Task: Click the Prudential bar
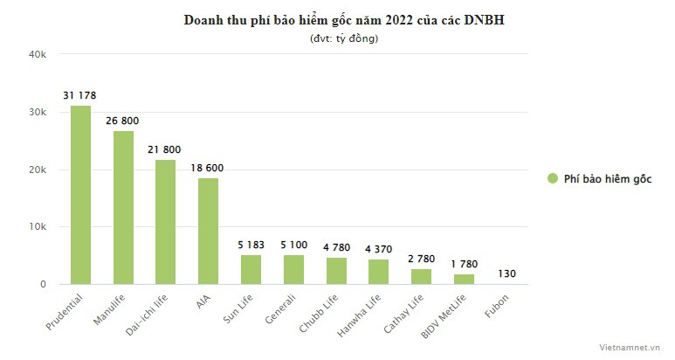80,195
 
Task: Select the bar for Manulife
123,208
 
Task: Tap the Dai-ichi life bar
166,222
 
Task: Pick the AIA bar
208,232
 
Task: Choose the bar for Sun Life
251,269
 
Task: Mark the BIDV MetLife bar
465,279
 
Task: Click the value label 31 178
80,94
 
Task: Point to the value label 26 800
123,120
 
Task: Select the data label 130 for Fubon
507,273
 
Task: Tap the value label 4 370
379,248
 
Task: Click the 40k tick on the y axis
38,54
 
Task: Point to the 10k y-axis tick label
38,227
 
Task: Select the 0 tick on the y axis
42,285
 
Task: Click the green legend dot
553,178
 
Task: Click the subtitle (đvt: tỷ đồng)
344,38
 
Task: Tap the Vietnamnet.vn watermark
632,346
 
